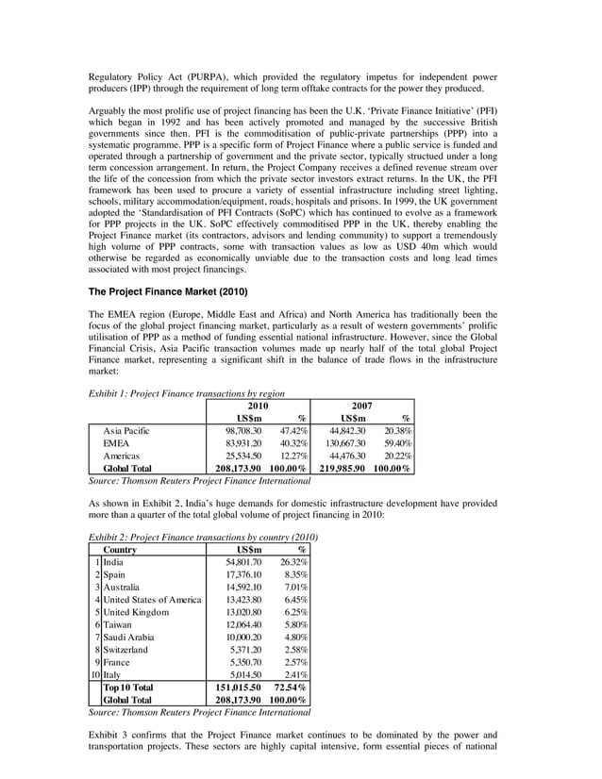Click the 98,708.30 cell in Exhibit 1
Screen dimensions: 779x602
pos(242,430)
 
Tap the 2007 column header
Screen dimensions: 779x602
pos(362,405)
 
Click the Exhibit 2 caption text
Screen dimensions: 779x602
pos(202,537)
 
